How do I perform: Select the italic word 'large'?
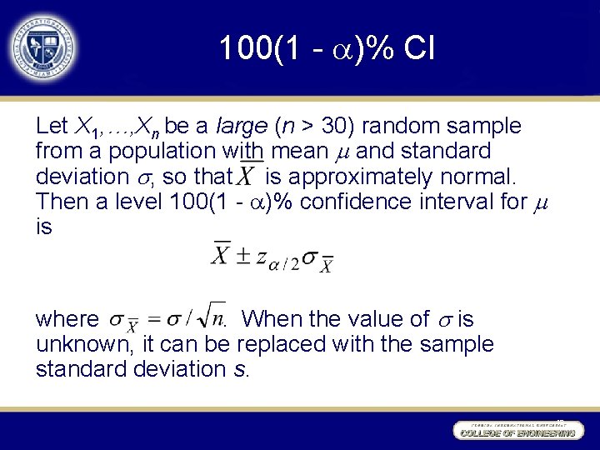(x=241, y=127)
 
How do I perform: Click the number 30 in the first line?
(x=335, y=127)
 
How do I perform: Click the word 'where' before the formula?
(x=67, y=319)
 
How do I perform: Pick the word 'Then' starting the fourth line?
(x=58, y=202)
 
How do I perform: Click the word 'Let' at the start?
(x=52, y=127)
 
